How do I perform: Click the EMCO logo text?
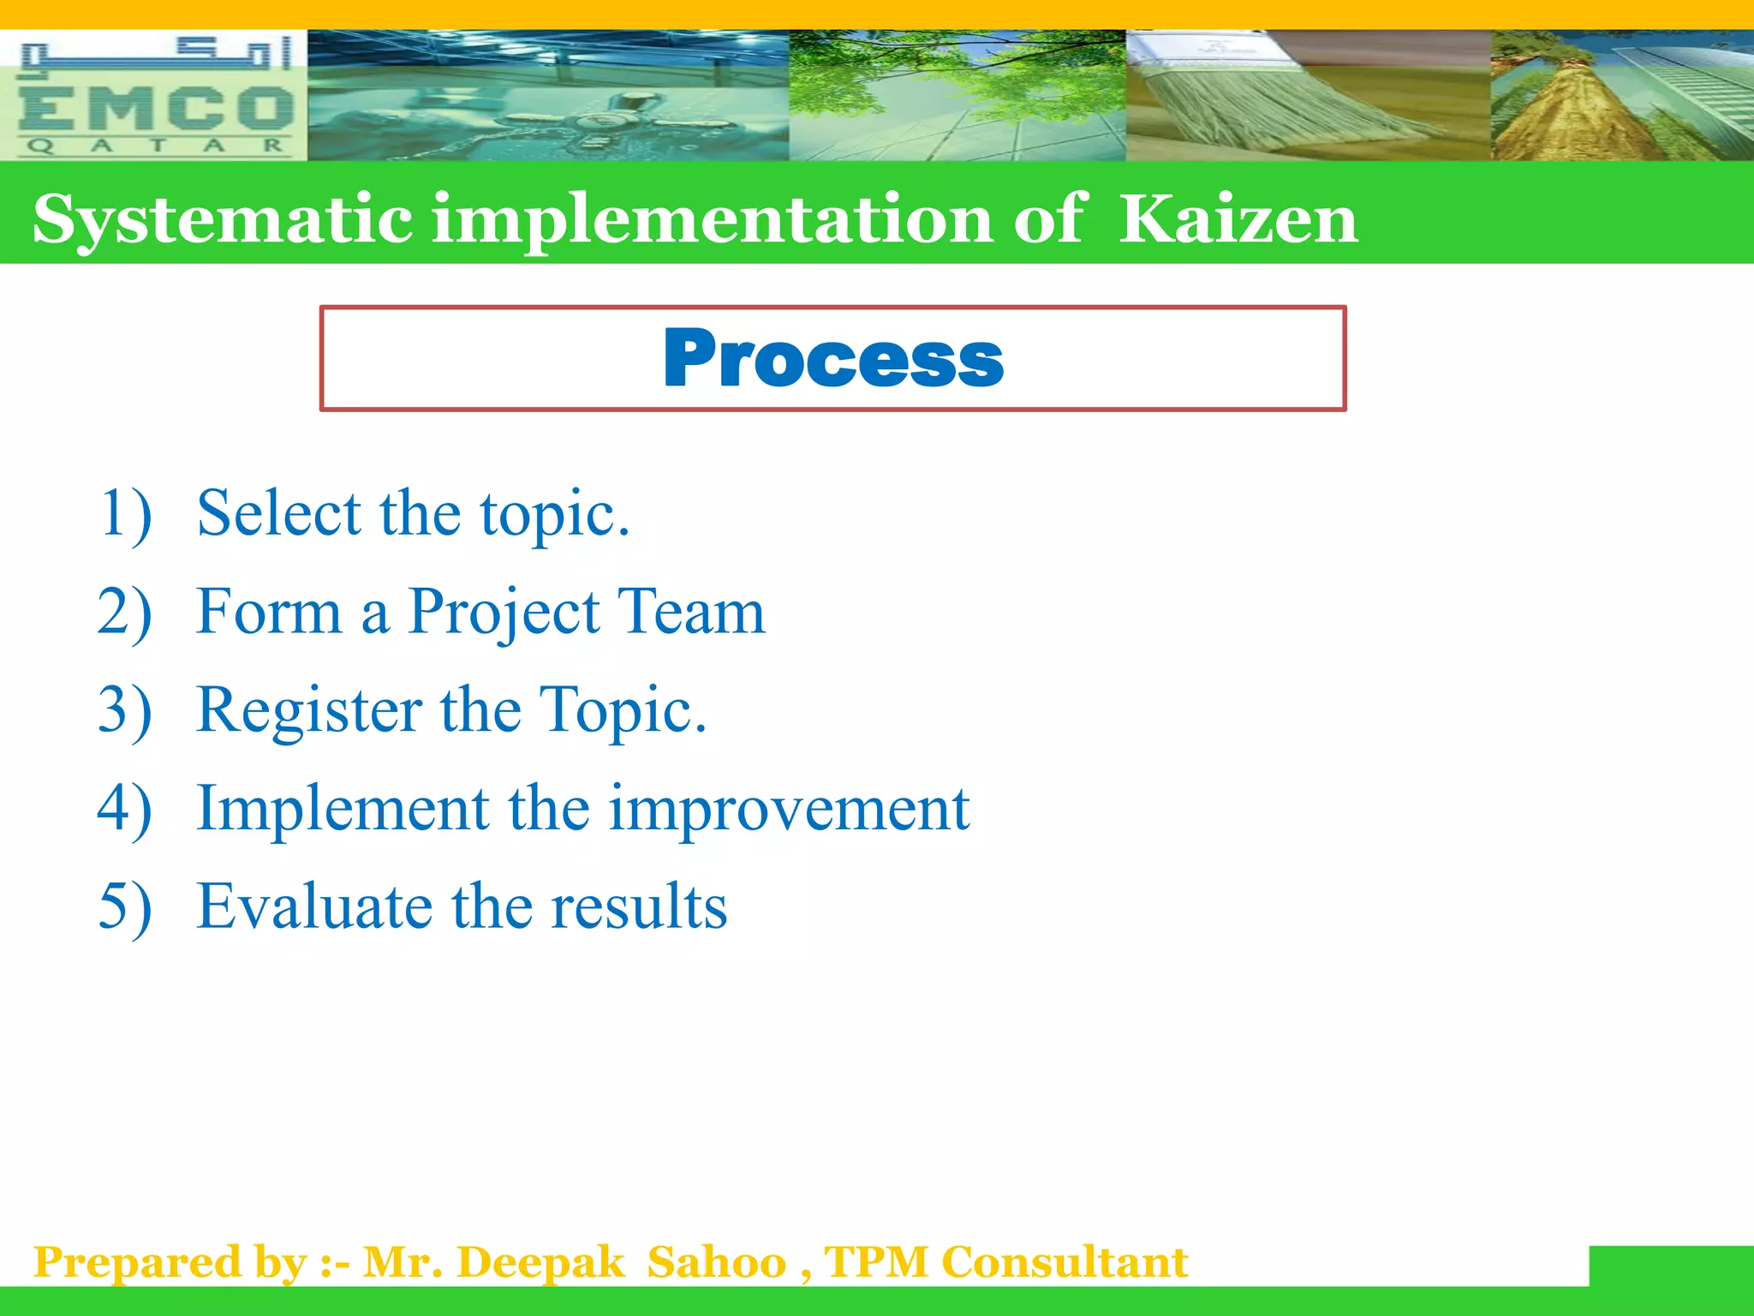pos(154,109)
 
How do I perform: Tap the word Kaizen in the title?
pos(1238,219)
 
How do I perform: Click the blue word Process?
pos(832,359)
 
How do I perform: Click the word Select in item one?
pos(279,513)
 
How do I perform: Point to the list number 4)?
pos(125,809)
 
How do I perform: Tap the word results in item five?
pos(639,906)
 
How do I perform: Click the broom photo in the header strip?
pos(1307,95)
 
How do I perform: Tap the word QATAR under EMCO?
pos(154,146)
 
